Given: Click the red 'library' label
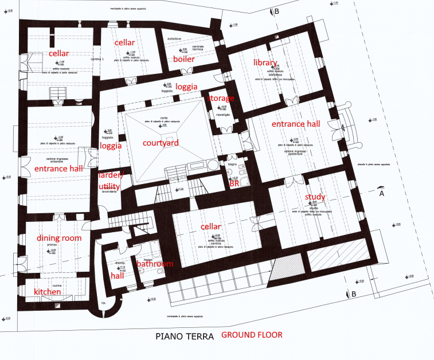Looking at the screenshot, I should tap(265, 62).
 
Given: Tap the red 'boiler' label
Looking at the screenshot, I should tap(184, 58).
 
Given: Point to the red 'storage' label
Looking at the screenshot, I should tap(220, 98).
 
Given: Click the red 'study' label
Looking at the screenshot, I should tap(315, 197).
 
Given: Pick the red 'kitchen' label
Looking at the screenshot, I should tap(48, 292).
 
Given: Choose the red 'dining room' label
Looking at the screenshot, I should tap(59, 238).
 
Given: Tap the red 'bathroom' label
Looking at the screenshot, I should tap(154, 264).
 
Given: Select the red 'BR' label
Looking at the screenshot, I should tap(234, 185).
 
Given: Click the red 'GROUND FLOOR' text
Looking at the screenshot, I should tap(252, 334).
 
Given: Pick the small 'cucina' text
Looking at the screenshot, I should tap(57, 285).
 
